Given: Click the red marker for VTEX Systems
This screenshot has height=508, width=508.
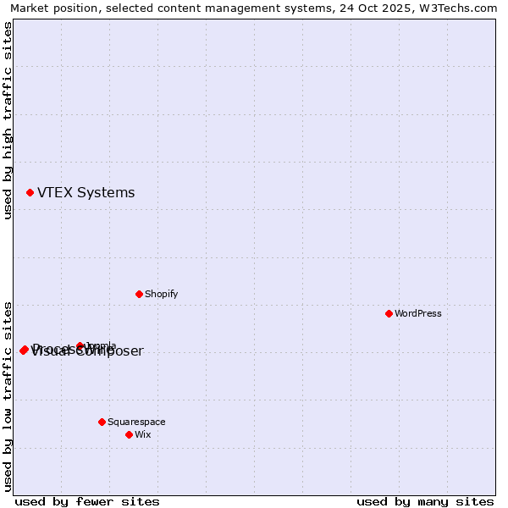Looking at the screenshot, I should (30, 193).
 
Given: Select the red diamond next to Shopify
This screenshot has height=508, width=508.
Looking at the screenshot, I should (139, 294).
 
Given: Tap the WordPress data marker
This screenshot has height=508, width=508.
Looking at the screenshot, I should (389, 313).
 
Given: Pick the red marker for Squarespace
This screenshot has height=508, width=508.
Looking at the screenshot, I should (102, 422).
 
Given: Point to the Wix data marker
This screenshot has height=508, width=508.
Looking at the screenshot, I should (129, 434).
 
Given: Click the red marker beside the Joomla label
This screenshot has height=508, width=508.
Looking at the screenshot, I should (80, 345).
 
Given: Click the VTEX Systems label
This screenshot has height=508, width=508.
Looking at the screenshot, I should (86, 193).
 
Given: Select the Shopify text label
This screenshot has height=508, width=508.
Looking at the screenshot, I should (161, 294).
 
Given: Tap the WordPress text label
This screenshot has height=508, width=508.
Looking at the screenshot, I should (417, 313).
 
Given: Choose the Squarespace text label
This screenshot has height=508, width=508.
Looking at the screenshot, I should (136, 422).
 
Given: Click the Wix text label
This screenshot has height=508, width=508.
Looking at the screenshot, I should (142, 434).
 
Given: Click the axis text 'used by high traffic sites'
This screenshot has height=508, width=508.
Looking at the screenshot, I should (8, 120).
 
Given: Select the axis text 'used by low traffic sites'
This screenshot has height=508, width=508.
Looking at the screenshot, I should (8, 395).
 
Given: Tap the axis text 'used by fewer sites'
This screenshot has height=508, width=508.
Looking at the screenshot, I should (87, 501).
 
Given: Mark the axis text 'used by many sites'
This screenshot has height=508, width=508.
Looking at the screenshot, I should (425, 501).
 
